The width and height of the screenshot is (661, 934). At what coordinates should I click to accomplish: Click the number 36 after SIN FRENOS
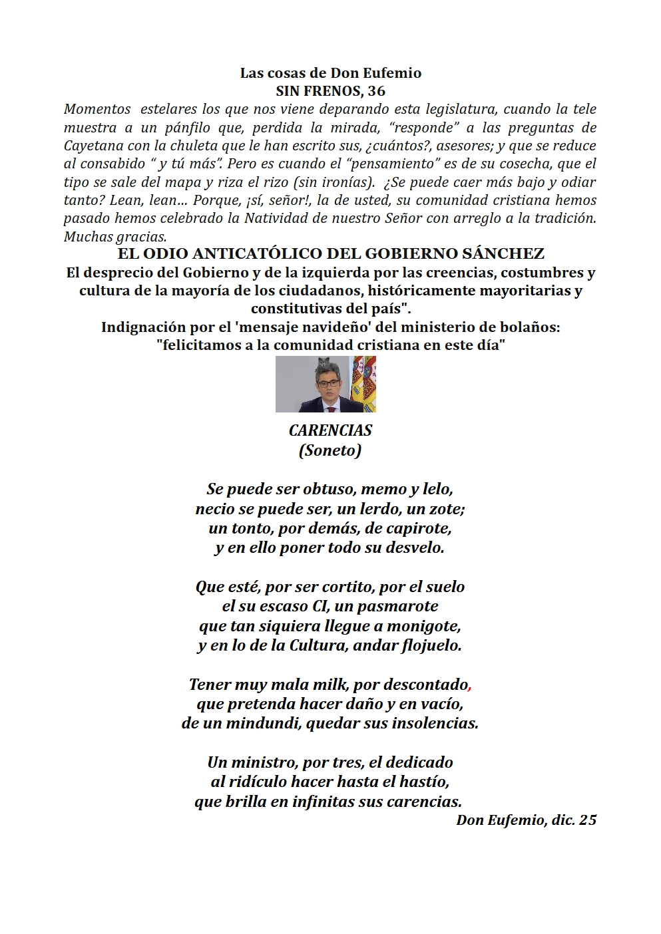[x=377, y=91]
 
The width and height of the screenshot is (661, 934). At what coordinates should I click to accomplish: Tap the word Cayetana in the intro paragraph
[x=92, y=146]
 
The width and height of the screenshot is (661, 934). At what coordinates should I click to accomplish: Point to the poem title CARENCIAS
[x=330, y=430]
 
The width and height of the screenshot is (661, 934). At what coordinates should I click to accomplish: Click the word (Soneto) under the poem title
[x=330, y=450]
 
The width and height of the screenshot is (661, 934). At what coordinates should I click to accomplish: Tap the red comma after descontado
[x=471, y=686]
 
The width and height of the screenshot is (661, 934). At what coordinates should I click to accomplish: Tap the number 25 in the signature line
[x=588, y=820]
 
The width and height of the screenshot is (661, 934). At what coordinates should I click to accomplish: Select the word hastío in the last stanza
[x=425, y=782]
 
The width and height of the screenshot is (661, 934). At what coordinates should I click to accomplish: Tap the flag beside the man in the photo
[x=363, y=384]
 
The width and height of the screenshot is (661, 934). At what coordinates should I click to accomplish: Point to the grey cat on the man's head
[x=324, y=362]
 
